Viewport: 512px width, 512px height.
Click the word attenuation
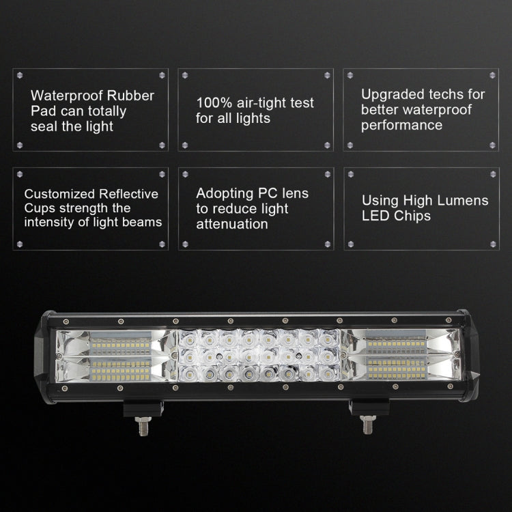coord(231,224)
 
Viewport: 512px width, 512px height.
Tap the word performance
coord(402,125)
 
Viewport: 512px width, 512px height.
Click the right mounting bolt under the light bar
coord(367,425)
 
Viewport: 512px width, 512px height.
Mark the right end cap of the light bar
coord(471,358)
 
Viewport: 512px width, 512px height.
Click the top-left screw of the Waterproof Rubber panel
coord(20,74)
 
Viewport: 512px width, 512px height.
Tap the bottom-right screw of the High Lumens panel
coord(492,243)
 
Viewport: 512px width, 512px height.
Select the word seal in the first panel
coord(45,126)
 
